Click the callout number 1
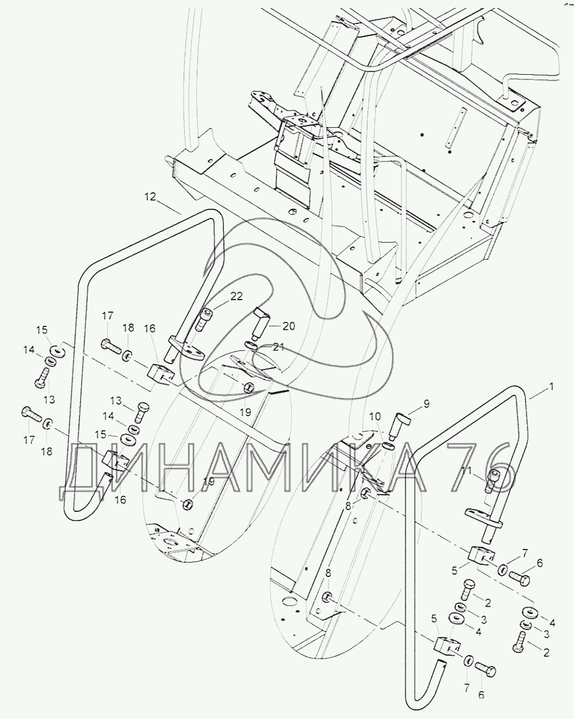551,387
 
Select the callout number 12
150,197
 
